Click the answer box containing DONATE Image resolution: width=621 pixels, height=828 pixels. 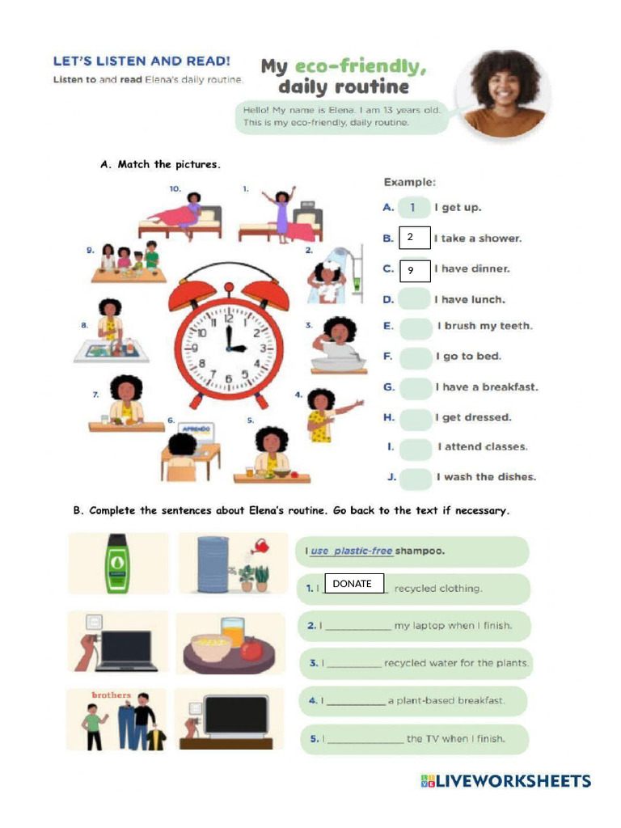pyautogui.click(x=353, y=584)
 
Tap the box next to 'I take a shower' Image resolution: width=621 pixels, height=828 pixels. pyautogui.click(x=415, y=238)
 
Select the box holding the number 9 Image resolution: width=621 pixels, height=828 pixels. pyautogui.click(x=415, y=270)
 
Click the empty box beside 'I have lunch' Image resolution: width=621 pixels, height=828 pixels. pyautogui.click(x=416, y=299)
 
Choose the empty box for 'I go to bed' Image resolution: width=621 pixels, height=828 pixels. pyautogui.click(x=416, y=357)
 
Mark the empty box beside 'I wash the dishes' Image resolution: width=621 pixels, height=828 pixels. pyautogui.click(x=416, y=477)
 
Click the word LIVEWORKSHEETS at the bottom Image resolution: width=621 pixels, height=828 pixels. pyautogui.click(x=514, y=781)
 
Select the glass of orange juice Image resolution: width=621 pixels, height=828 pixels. pyautogui.click(x=232, y=632)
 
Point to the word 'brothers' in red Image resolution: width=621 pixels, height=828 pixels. pyautogui.click(x=111, y=695)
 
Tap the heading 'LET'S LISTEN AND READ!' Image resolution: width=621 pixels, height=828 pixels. pyautogui.click(x=142, y=61)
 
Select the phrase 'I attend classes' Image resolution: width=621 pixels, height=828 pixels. pyautogui.click(x=483, y=447)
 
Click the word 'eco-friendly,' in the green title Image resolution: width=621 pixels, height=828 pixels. pyautogui.click(x=360, y=66)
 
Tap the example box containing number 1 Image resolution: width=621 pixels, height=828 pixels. pyautogui.click(x=415, y=208)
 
